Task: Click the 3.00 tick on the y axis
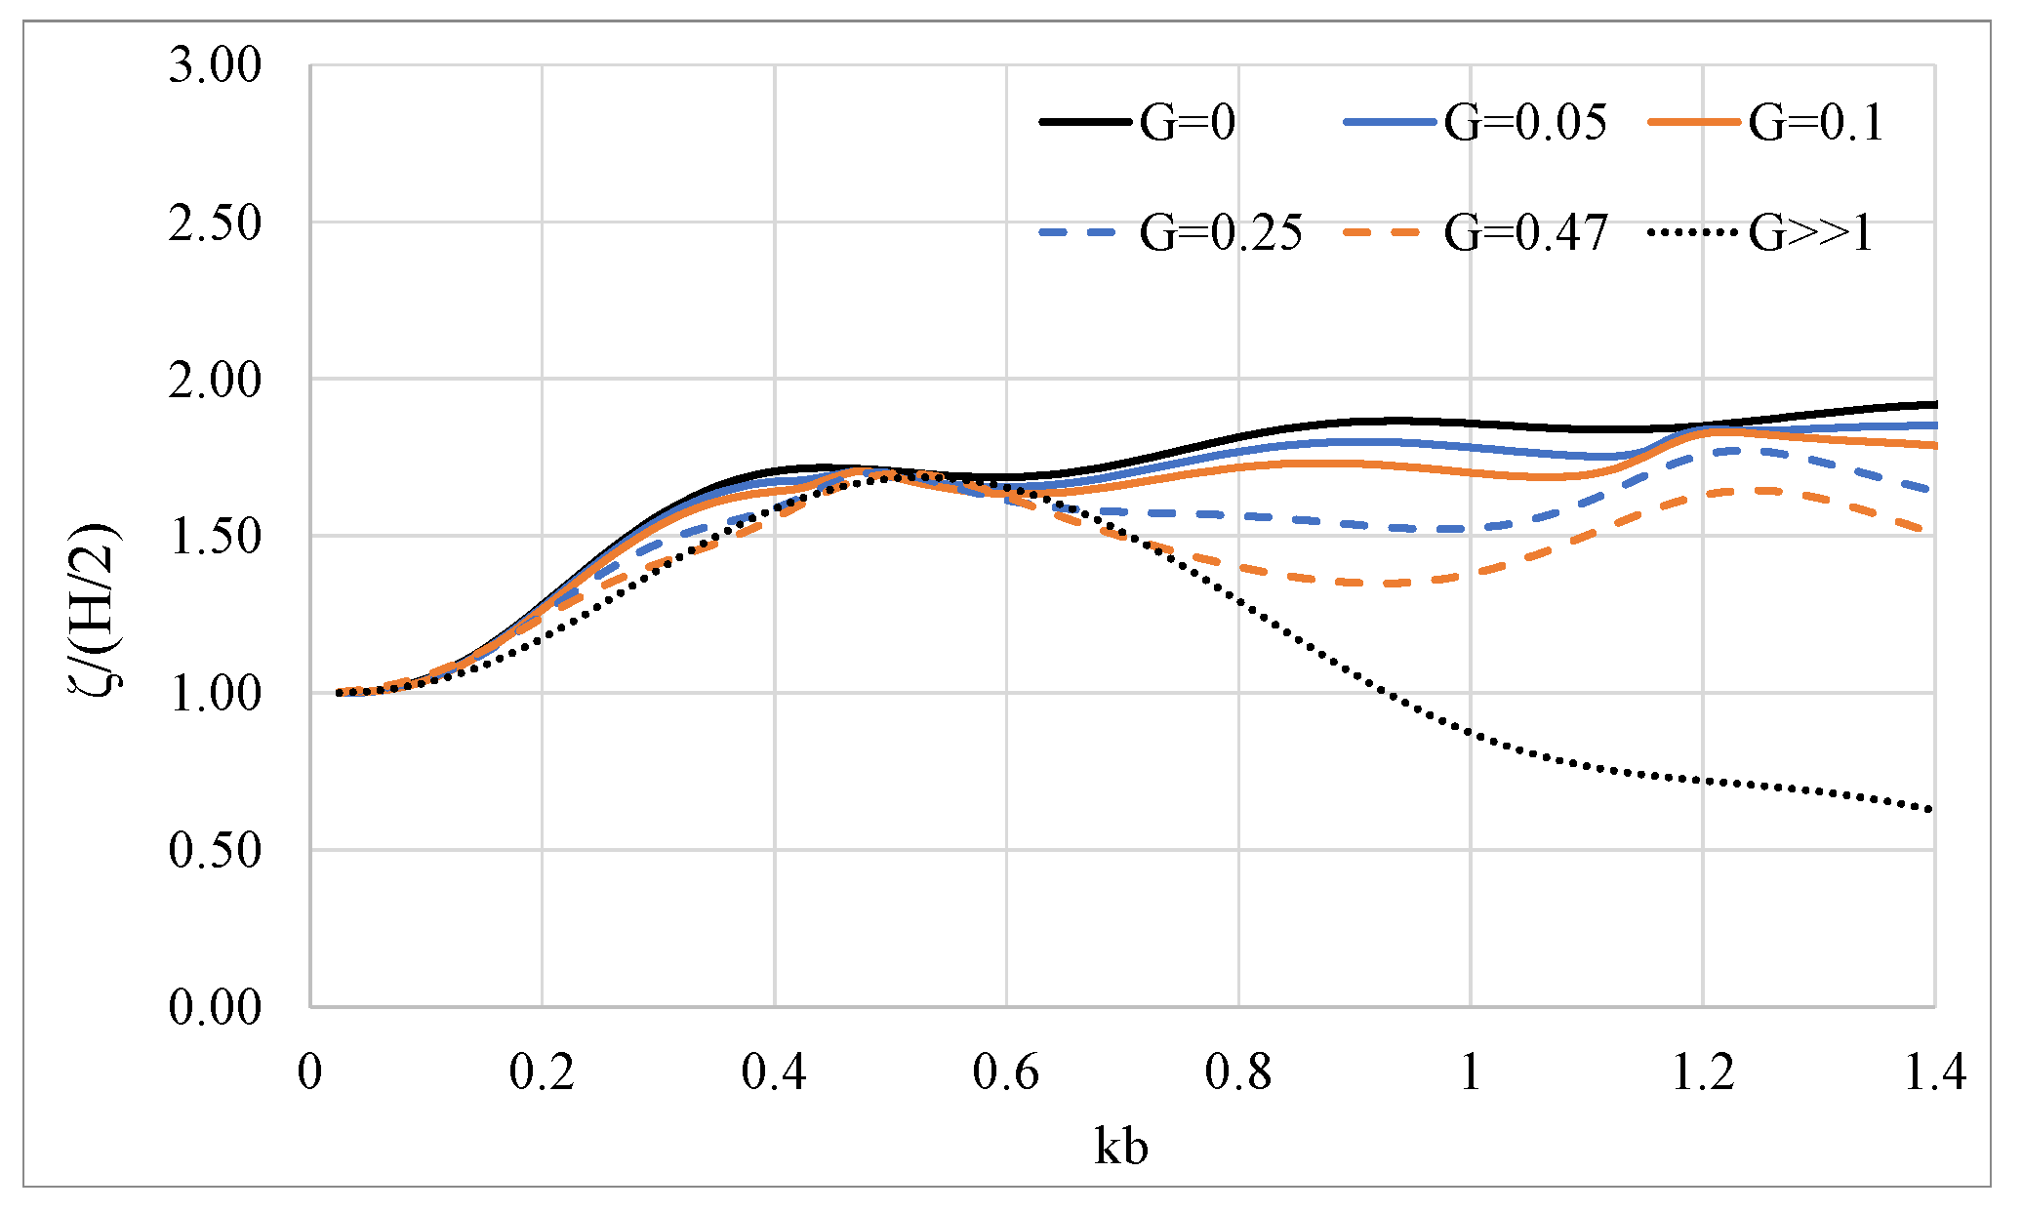point(216,66)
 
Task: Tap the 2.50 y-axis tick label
point(216,223)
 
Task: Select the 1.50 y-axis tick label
point(216,537)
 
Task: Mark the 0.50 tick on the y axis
point(216,850)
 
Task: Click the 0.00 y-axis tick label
point(216,1007)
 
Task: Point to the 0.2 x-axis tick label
point(542,1071)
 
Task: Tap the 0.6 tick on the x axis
point(1006,1071)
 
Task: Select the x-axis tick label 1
point(1470,1071)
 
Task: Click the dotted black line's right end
point(1932,809)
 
